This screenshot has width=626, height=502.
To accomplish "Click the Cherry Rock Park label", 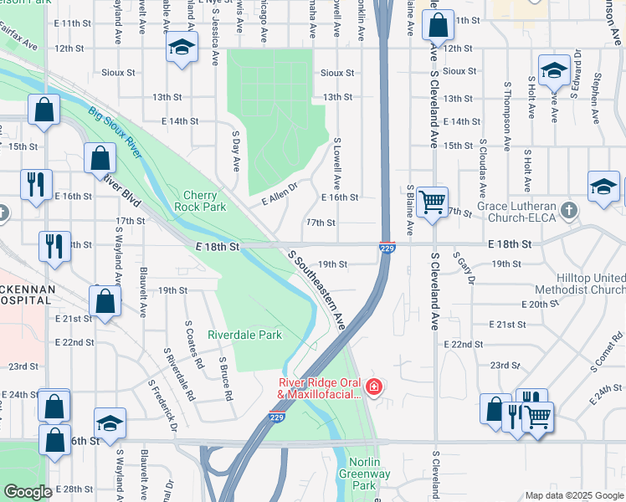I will (201, 200).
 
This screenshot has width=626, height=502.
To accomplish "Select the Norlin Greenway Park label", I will (364, 474).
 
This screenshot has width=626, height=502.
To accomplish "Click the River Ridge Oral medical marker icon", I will (373, 387).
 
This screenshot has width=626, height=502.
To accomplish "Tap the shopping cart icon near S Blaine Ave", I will (432, 201).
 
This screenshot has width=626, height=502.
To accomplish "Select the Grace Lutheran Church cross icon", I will (569, 209).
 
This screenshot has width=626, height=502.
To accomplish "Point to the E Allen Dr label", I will (280, 196).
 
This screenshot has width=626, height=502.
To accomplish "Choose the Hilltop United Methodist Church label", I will (591, 284).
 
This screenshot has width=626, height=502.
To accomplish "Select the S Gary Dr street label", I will (461, 268).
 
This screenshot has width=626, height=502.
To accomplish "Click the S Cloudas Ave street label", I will (482, 163).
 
